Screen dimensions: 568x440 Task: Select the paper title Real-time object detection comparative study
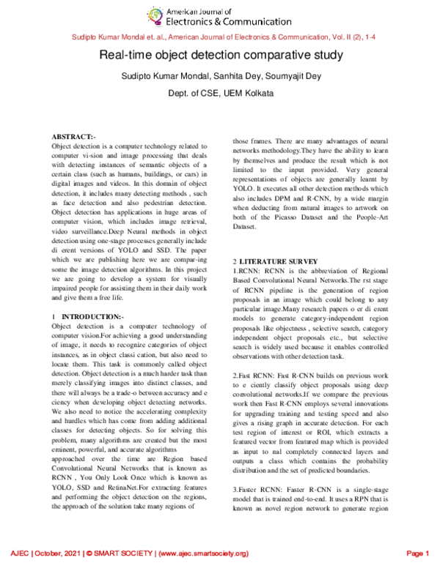tap(219, 55)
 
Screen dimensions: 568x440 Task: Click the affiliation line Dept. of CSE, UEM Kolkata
tap(220, 94)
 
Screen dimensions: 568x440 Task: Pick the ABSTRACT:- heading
tap(73, 137)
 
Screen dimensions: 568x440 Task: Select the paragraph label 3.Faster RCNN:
tap(260, 488)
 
